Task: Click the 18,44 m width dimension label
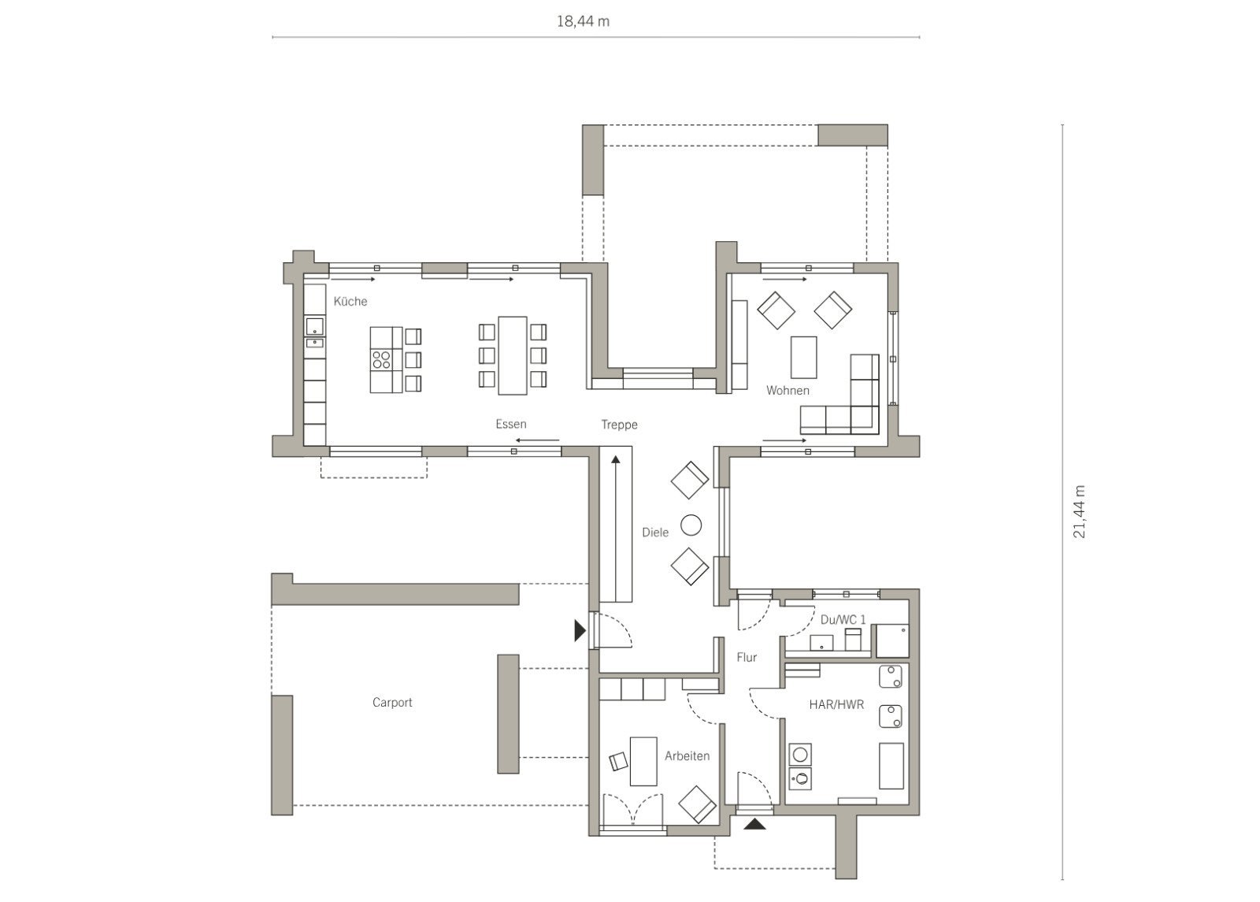tap(583, 21)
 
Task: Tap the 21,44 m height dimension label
tap(1079, 511)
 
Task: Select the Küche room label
tap(350, 301)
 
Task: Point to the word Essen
tap(511, 424)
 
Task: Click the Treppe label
tap(619, 425)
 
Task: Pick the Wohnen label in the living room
tap(787, 391)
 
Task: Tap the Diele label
tap(655, 533)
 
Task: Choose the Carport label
tap(392, 702)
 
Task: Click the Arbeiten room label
tap(687, 755)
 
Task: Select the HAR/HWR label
tap(836, 704)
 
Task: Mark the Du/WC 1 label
tap(843, 619)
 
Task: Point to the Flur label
tap(747, 657)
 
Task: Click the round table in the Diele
tap(691, 525)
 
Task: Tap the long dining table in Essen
tap(512, 355)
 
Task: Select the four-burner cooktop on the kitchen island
tap(381, 359)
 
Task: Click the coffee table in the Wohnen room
tap(803, 358)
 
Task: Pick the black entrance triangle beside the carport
tap(580, 631)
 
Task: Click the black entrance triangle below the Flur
tap(754, 824)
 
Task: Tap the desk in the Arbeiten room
tap(643, 761)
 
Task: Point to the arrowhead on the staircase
tap(615, 460)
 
